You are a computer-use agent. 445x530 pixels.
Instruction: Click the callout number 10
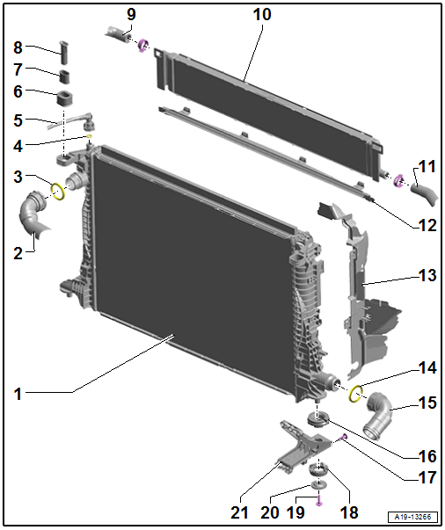262,15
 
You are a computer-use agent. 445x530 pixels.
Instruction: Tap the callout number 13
427,275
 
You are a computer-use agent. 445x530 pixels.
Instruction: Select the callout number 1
18,394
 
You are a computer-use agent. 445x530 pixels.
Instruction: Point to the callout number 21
239,512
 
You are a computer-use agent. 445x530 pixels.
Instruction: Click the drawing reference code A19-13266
412,517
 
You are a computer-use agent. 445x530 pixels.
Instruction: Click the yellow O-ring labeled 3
58,192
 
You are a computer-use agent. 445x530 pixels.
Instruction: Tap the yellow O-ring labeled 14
355,394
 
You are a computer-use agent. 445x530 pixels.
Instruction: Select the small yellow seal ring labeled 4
90,136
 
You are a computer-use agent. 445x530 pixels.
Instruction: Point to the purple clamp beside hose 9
143,46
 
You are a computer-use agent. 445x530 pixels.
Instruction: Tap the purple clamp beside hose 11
399,180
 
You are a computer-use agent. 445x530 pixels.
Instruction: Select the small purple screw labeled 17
344,438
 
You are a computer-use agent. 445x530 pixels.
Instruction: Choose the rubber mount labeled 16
317,420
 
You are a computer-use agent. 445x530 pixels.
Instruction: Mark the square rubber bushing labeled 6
65,98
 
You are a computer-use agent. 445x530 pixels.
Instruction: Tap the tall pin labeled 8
63,53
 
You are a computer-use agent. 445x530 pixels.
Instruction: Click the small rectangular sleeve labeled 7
65,76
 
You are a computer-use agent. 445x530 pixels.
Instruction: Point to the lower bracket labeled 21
301,447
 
